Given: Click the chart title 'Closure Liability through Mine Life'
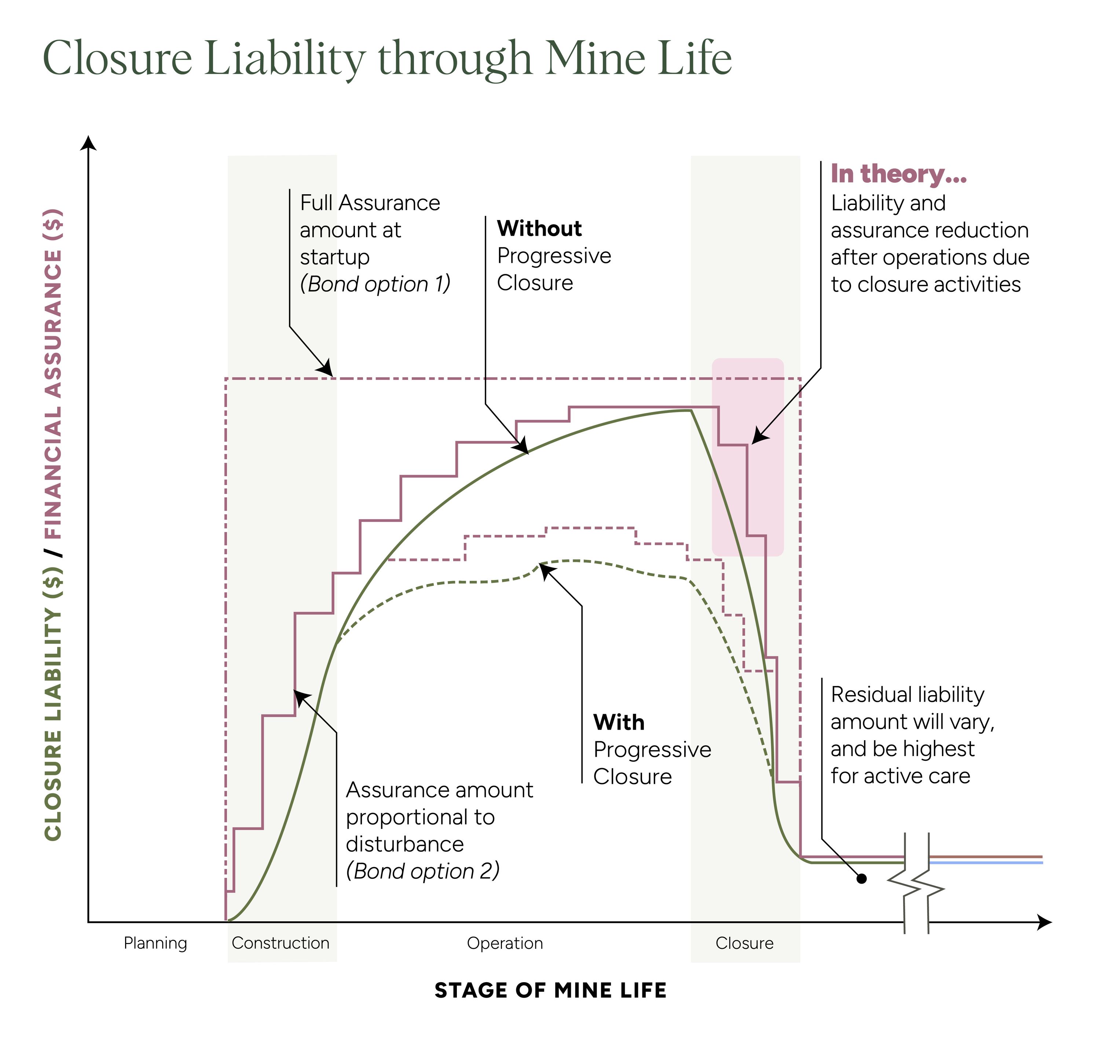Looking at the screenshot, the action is (387, 58).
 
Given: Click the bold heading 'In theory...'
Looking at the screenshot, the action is (898, 174).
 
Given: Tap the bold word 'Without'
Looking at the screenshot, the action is (539, 228).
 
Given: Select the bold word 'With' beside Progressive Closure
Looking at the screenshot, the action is (619, 722).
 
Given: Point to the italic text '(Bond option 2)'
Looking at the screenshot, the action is (423, 871).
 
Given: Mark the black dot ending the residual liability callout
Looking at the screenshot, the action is (861, 878).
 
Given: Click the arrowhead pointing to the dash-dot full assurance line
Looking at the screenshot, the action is (326, 369).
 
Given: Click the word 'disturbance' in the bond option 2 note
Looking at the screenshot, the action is (405, 844).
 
